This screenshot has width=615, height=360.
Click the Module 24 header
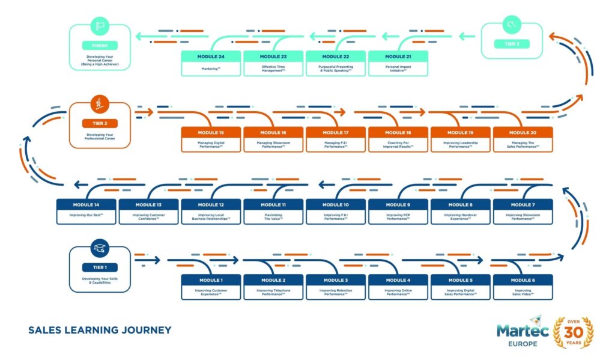[x=211, y=56]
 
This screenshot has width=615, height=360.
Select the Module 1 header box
[x=211, y=280]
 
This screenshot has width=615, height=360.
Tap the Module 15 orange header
[x=211, y=132]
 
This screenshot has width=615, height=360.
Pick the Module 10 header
[x=336, y=205]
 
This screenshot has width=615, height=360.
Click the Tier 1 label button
[x=100, y=267]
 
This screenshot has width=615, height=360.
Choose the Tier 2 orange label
[x=100, y=123]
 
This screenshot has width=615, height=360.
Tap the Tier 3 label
[x=512, y=44]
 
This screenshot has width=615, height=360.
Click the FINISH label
[x=100, y=45]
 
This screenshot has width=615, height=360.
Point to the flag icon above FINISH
[x=100, y=27]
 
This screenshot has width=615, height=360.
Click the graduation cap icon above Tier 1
[x=100, y=248]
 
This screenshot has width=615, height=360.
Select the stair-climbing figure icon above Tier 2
[x=100, y=105]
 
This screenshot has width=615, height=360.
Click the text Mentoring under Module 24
[x=211, y=69]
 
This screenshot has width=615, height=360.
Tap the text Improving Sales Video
[x=523, y=293]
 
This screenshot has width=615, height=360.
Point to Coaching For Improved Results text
[x=398, y=144]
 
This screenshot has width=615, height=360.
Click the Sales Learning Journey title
[x=100, y=330]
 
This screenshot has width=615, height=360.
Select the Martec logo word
[x=521, y=330]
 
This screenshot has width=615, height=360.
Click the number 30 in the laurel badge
[x=574, y=334]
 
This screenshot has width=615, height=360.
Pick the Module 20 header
[x=522, y=132]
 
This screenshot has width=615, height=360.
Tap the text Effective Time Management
[x=273, y=69]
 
